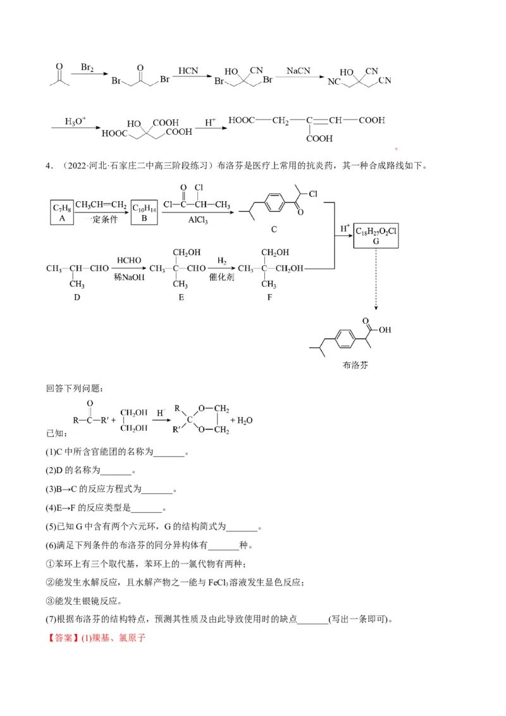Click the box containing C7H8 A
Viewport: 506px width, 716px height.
(x=62, y=212)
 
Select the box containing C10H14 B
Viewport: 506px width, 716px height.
(x=144, y=212)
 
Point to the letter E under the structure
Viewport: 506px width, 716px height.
(x=181, y=297)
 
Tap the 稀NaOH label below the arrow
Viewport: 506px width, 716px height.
(x=130, y=277)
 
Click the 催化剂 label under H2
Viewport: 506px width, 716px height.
(x=222, y=277)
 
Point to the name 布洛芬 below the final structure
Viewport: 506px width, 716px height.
(x=354, y=365)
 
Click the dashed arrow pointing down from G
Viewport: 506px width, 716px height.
(x=376, y=278)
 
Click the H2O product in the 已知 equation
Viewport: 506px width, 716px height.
(x=244, y=420)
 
